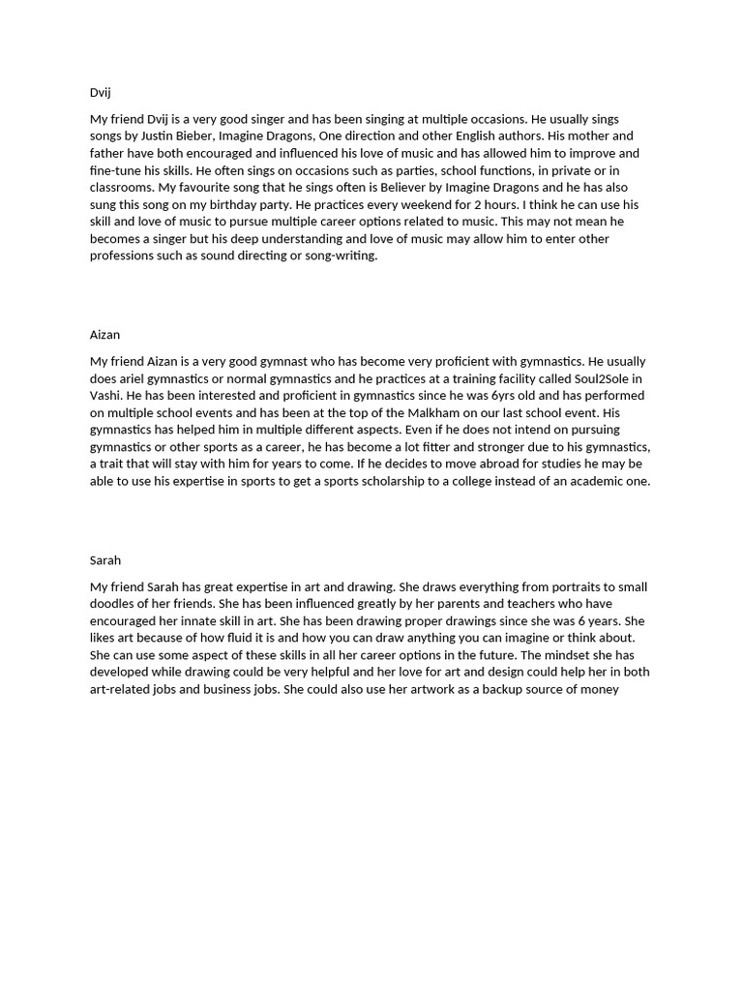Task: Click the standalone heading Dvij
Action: (101, 93)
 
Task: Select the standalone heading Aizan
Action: (105, 335)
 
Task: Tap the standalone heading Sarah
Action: (105, 560)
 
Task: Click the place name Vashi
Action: (106, 396)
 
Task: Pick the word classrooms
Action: (121, 187)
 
